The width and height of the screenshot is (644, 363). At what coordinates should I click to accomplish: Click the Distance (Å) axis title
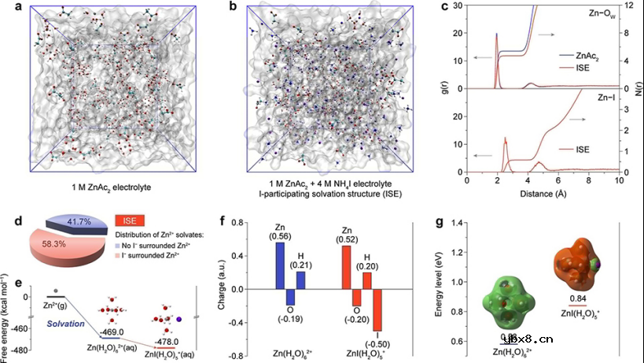coord(543,192)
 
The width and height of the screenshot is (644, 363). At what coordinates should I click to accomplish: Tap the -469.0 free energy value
coord(120,332)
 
